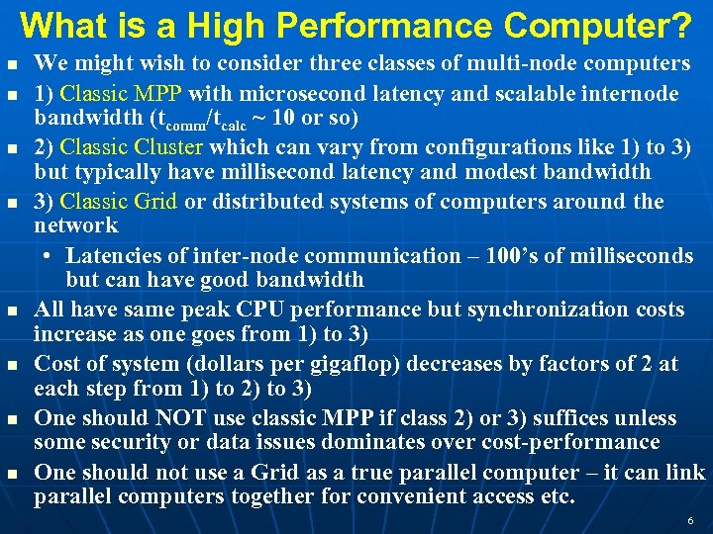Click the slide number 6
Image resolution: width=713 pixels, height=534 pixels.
[690, 520]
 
